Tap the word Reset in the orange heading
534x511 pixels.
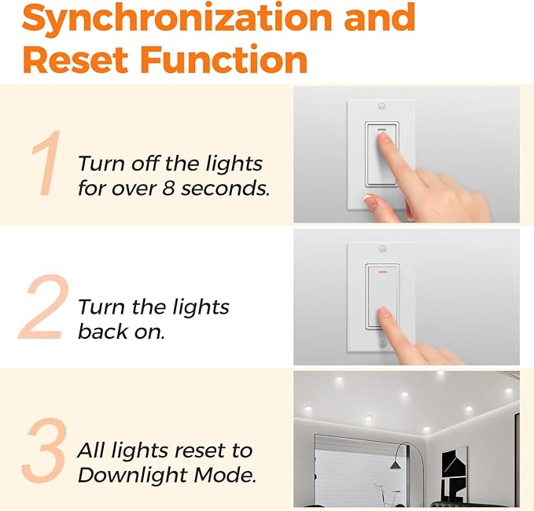75,60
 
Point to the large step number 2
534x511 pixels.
43,307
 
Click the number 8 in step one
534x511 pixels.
168,188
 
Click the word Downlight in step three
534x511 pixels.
132,476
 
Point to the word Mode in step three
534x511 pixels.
225,474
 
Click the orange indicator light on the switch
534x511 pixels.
383,272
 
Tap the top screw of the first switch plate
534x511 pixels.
381,106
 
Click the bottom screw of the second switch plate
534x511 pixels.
382,344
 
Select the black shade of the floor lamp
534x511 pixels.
395,465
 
